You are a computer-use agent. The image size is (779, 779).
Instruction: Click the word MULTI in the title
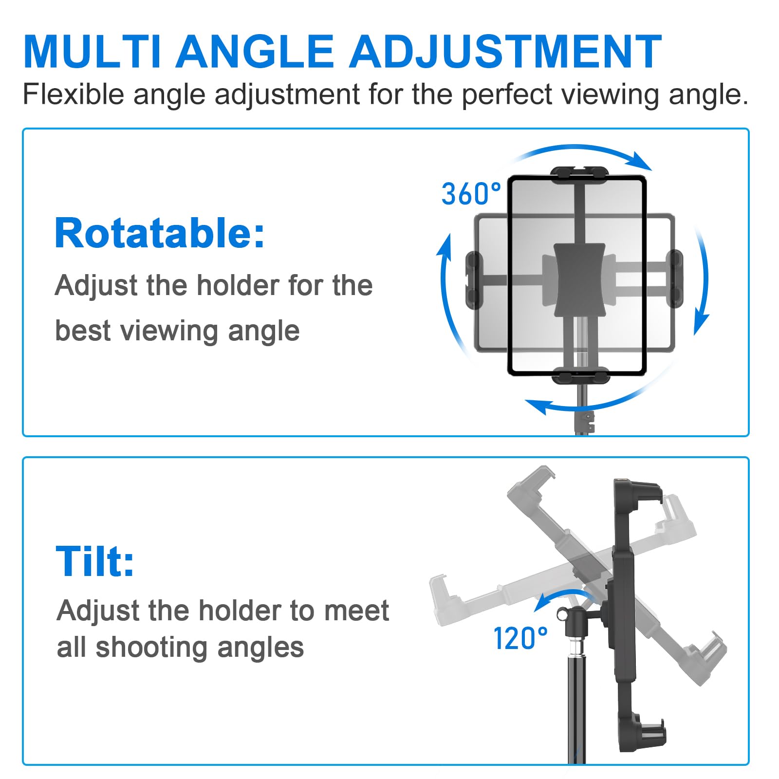[93, 52]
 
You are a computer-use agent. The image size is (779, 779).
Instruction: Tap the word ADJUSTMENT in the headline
[505, 52]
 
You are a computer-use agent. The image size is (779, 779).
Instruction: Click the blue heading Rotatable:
[160, 233]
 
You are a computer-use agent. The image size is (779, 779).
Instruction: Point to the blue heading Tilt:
[95, 561]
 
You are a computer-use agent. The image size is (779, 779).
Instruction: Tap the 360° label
[471, 194]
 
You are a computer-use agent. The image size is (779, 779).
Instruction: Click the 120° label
[520, 638]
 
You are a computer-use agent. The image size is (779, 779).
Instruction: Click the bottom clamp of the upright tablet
[579, 376]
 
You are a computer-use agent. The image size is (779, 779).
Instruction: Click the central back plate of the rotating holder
[579, 280]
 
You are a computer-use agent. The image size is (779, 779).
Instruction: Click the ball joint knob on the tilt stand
[563, 614]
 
